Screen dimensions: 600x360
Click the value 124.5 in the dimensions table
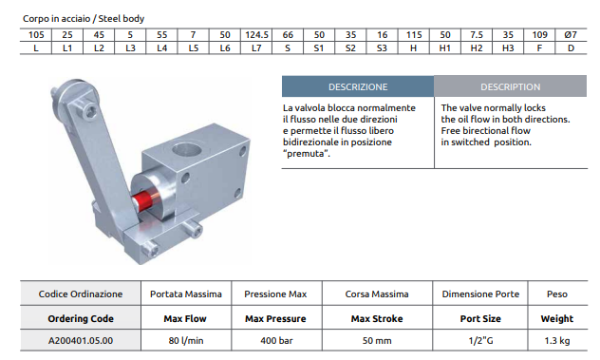(x=256, y=35)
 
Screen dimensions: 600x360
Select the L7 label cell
(x=256, y=48)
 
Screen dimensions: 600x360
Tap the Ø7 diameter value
(x=571, y=35)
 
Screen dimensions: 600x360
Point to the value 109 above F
(x=539, y=35)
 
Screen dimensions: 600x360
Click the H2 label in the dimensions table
(x=477, y=48)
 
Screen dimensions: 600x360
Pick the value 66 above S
(x=288, y=35)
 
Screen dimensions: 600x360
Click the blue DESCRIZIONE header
(x=358, y=86)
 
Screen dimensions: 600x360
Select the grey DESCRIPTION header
(x=511, y=86)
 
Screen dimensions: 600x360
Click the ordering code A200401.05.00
(x=81, y=340)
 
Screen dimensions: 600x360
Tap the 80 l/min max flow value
(x=186, y=340)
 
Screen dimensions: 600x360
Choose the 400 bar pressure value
(x=276, y=340)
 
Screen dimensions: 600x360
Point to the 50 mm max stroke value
(x=377, y=340)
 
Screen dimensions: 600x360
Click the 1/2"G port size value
(x=480, y=340)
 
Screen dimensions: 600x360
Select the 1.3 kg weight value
(x=557, y=340)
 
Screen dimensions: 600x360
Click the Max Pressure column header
(x=275, y=318)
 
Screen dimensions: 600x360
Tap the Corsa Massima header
(x=377, y=294)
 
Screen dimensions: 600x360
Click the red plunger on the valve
(x=141, y=200)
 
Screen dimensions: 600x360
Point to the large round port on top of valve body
(x=187, y=149)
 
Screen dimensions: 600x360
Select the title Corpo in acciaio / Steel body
(x=84, y=18)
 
